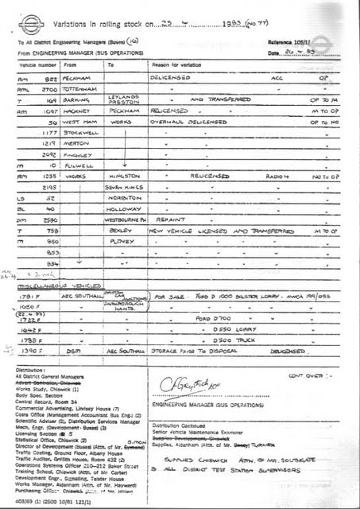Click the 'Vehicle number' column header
(x=36, y=64)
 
